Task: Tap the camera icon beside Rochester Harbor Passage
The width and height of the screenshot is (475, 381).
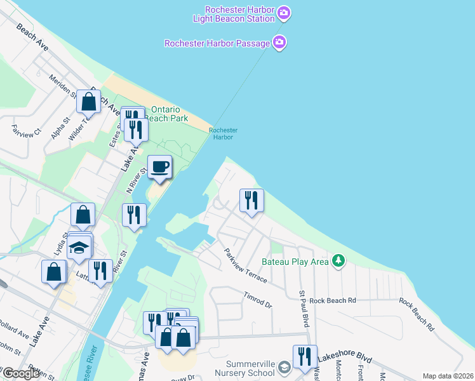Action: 279,43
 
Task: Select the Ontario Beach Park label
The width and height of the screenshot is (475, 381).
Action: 168,114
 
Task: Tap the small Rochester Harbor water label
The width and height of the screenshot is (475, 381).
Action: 223,133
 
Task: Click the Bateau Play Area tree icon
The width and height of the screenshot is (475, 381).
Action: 339,261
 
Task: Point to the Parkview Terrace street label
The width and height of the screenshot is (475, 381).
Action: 245,265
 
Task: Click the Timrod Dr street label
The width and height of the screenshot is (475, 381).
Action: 258,300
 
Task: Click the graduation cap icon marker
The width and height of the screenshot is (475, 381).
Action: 80,248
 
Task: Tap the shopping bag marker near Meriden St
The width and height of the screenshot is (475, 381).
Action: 88,100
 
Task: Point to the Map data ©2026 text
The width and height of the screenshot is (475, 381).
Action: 447,376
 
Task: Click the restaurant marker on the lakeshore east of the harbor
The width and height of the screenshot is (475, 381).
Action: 251,201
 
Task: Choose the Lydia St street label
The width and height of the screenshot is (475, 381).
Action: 60,244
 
